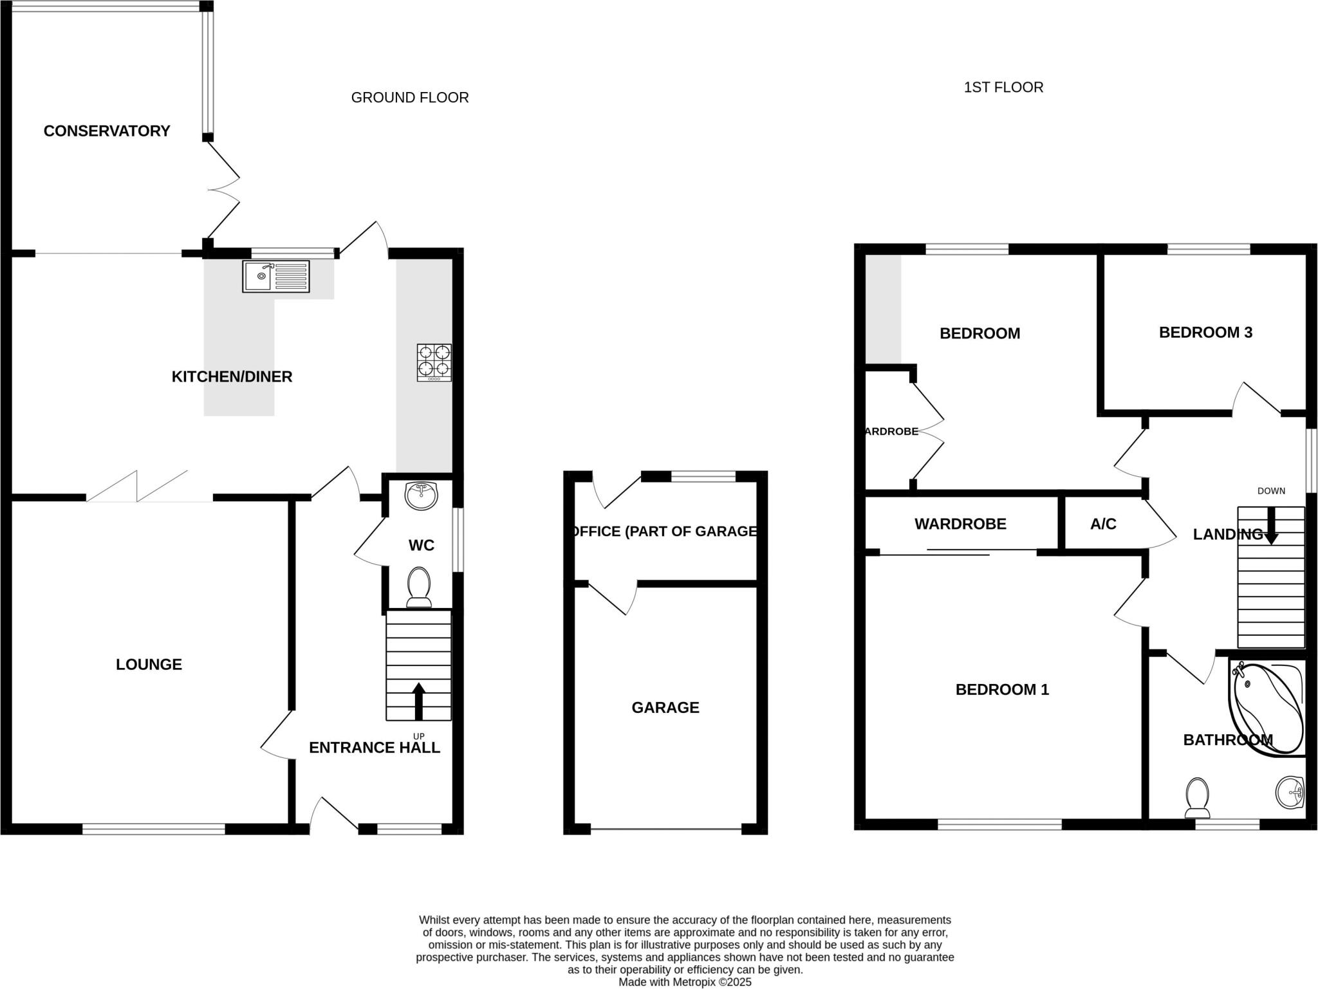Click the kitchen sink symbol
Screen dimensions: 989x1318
pos(275,276)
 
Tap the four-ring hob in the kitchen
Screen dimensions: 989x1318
pos(434,362)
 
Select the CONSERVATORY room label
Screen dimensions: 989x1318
pos(107,131)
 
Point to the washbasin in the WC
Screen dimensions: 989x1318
pos(421,496)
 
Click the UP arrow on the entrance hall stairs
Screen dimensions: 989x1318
pos(419,702)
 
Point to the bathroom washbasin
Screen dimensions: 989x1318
pos(1289,792)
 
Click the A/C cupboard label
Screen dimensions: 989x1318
pos(1103,524)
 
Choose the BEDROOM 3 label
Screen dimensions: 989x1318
pos(1205,333)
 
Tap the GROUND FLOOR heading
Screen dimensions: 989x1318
pos(410,98)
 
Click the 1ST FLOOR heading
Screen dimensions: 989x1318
pos(1003,88)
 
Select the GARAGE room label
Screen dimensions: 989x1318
pos(665,708)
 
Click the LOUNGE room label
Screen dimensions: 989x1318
pos(149,665)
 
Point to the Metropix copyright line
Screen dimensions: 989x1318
pos(685,983)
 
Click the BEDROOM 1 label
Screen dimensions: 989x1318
pos(1002,690)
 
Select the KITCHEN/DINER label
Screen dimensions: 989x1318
pos(232,377)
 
